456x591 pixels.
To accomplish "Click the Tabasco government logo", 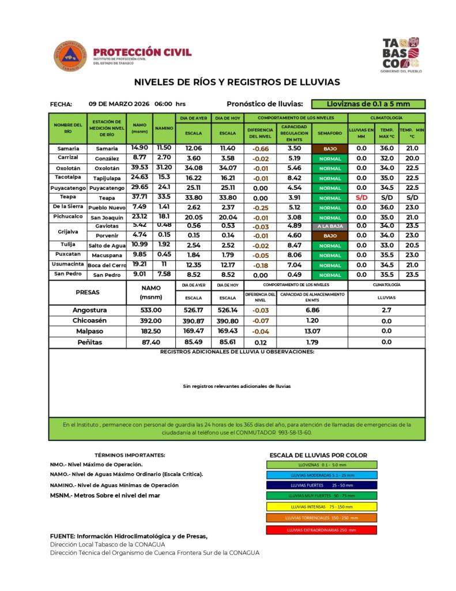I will coord(402,55).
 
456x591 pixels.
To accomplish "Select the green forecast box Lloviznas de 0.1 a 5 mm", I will coord(368,104).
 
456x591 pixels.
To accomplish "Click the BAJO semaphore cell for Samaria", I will coord(330,148).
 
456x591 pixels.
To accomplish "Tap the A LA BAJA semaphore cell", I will coord(330,226).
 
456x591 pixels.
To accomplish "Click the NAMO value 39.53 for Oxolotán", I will coord(140,167).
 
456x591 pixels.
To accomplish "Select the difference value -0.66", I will coord(261,148).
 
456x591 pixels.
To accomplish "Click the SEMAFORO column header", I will coord(330,133).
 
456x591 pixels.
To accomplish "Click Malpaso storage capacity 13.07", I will coord(312,331).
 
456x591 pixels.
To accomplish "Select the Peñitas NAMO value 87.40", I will coord(150,342).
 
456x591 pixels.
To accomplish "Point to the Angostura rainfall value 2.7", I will coord(386,310).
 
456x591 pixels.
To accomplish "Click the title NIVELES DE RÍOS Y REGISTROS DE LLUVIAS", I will coord(237,82).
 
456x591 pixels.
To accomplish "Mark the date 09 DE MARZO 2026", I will coord(119,104).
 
